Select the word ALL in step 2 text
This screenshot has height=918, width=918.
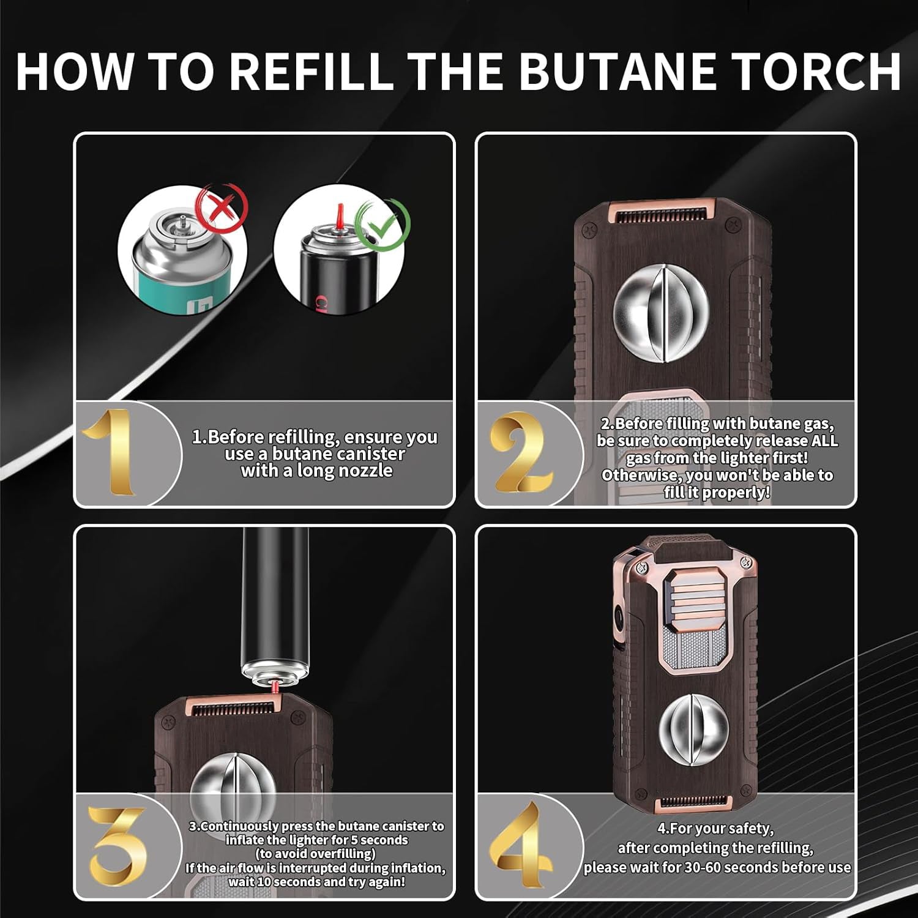tap(824, 441)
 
